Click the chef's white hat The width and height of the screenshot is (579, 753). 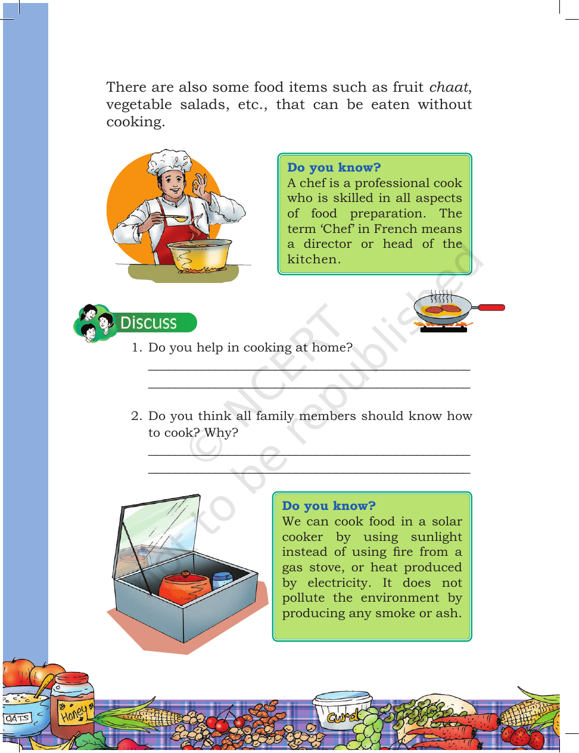(x=169, y=163)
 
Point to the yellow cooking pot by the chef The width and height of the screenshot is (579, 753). (x=199, y=255)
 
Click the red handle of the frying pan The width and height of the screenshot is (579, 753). (x=491, y=307)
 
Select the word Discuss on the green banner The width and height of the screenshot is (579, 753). (x=148, y=323)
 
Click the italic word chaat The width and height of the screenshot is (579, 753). (x=449, y=87)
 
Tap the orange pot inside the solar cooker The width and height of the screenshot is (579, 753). (x=185, y=589)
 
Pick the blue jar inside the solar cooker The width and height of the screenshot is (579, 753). (x=222, y=581)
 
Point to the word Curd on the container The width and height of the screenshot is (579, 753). (x=343, y=715)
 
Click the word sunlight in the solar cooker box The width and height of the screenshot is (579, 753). (x=436, y=537)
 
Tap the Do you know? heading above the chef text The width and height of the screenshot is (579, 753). (x=334, y=167)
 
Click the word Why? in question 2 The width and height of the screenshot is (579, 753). (x=221, y=433)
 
